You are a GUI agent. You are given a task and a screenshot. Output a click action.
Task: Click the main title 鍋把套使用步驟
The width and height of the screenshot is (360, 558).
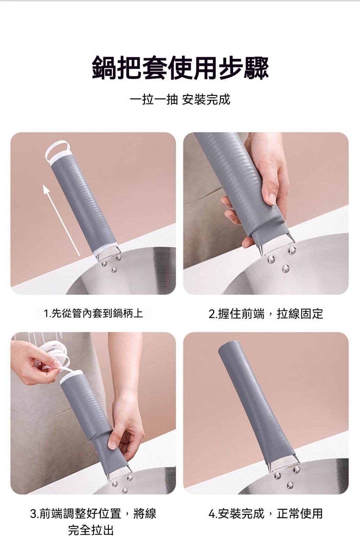(x=180, y=68)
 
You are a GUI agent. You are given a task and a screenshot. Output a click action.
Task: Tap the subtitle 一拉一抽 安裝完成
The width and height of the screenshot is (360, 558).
(x=180, y=100)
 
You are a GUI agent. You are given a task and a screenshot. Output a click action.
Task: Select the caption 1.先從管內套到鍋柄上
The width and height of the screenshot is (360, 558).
(x=93, y=313)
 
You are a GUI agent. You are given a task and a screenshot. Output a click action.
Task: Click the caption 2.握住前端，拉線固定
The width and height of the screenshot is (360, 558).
(x=266, y=314)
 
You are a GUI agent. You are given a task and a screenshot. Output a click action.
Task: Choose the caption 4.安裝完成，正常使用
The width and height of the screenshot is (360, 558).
(x=266, y=513)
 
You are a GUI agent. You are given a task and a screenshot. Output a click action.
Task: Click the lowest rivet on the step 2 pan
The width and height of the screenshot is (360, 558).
(x=285, y=268)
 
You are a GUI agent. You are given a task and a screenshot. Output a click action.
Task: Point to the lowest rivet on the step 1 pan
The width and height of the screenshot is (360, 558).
(x=114, y=270)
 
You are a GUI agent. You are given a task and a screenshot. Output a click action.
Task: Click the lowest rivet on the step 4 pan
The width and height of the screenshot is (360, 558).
(x=290, y=485)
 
